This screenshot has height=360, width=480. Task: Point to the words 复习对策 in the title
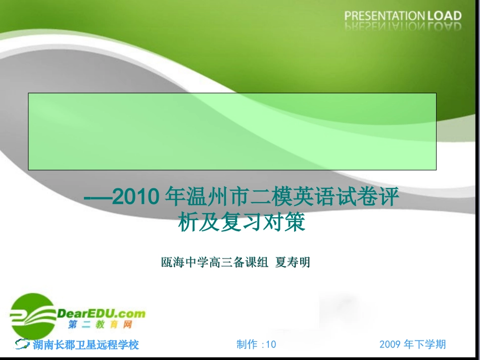[263, 223]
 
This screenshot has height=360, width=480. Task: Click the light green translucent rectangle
[232, 131]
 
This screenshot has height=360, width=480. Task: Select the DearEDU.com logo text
[101, 313]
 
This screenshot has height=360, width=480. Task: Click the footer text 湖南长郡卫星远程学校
[86, 345]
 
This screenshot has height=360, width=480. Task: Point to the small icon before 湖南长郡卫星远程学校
[23, 344]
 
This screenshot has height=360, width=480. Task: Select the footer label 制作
[247, 344]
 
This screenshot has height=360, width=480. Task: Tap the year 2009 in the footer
[390, 344]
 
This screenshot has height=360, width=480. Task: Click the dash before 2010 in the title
[98, 197]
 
